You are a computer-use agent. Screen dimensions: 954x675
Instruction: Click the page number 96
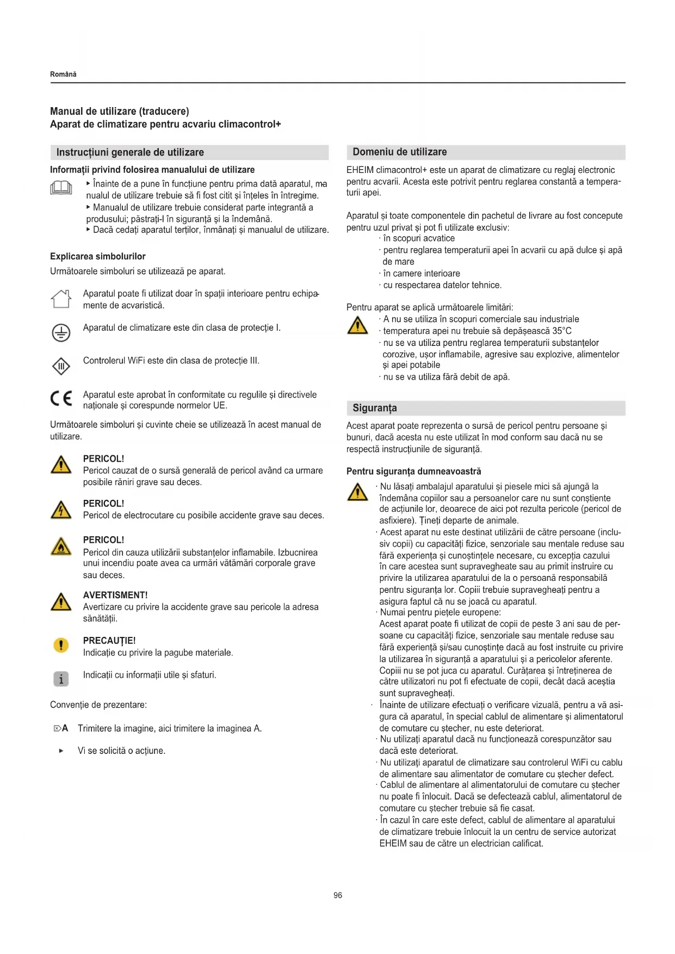pos(338,895)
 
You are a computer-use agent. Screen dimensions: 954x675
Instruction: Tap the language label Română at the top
pos(63,74)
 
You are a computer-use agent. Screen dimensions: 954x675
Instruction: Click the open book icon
pos(61,188)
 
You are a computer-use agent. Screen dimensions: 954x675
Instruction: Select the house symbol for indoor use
pos(61,299)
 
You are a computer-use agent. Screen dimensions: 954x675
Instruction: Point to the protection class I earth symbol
pos(61,332)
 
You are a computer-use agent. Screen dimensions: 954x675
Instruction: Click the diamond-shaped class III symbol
pos(61,366)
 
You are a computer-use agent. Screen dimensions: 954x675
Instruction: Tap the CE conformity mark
pos(61,399)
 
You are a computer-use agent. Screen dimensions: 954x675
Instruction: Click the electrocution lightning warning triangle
pos(61,510)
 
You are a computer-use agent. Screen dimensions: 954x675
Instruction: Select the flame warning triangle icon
pos(61,546)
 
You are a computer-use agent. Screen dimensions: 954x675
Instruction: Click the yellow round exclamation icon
pos(61,645)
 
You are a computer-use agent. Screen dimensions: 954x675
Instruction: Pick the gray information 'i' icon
pos(61,679)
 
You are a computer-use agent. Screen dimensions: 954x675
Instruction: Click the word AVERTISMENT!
pos(115,595)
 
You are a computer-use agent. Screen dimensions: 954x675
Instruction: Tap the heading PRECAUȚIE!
pos(109,640)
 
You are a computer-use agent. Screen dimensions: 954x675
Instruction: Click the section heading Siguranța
pos(375,408)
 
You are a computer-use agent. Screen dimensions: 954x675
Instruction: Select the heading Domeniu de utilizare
pos(400,152)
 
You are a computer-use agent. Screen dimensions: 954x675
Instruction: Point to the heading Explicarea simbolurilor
pos(98,256)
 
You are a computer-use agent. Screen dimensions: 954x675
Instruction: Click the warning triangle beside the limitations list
pos(357,325)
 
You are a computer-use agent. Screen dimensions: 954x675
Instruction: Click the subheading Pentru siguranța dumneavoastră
pos(414,471)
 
